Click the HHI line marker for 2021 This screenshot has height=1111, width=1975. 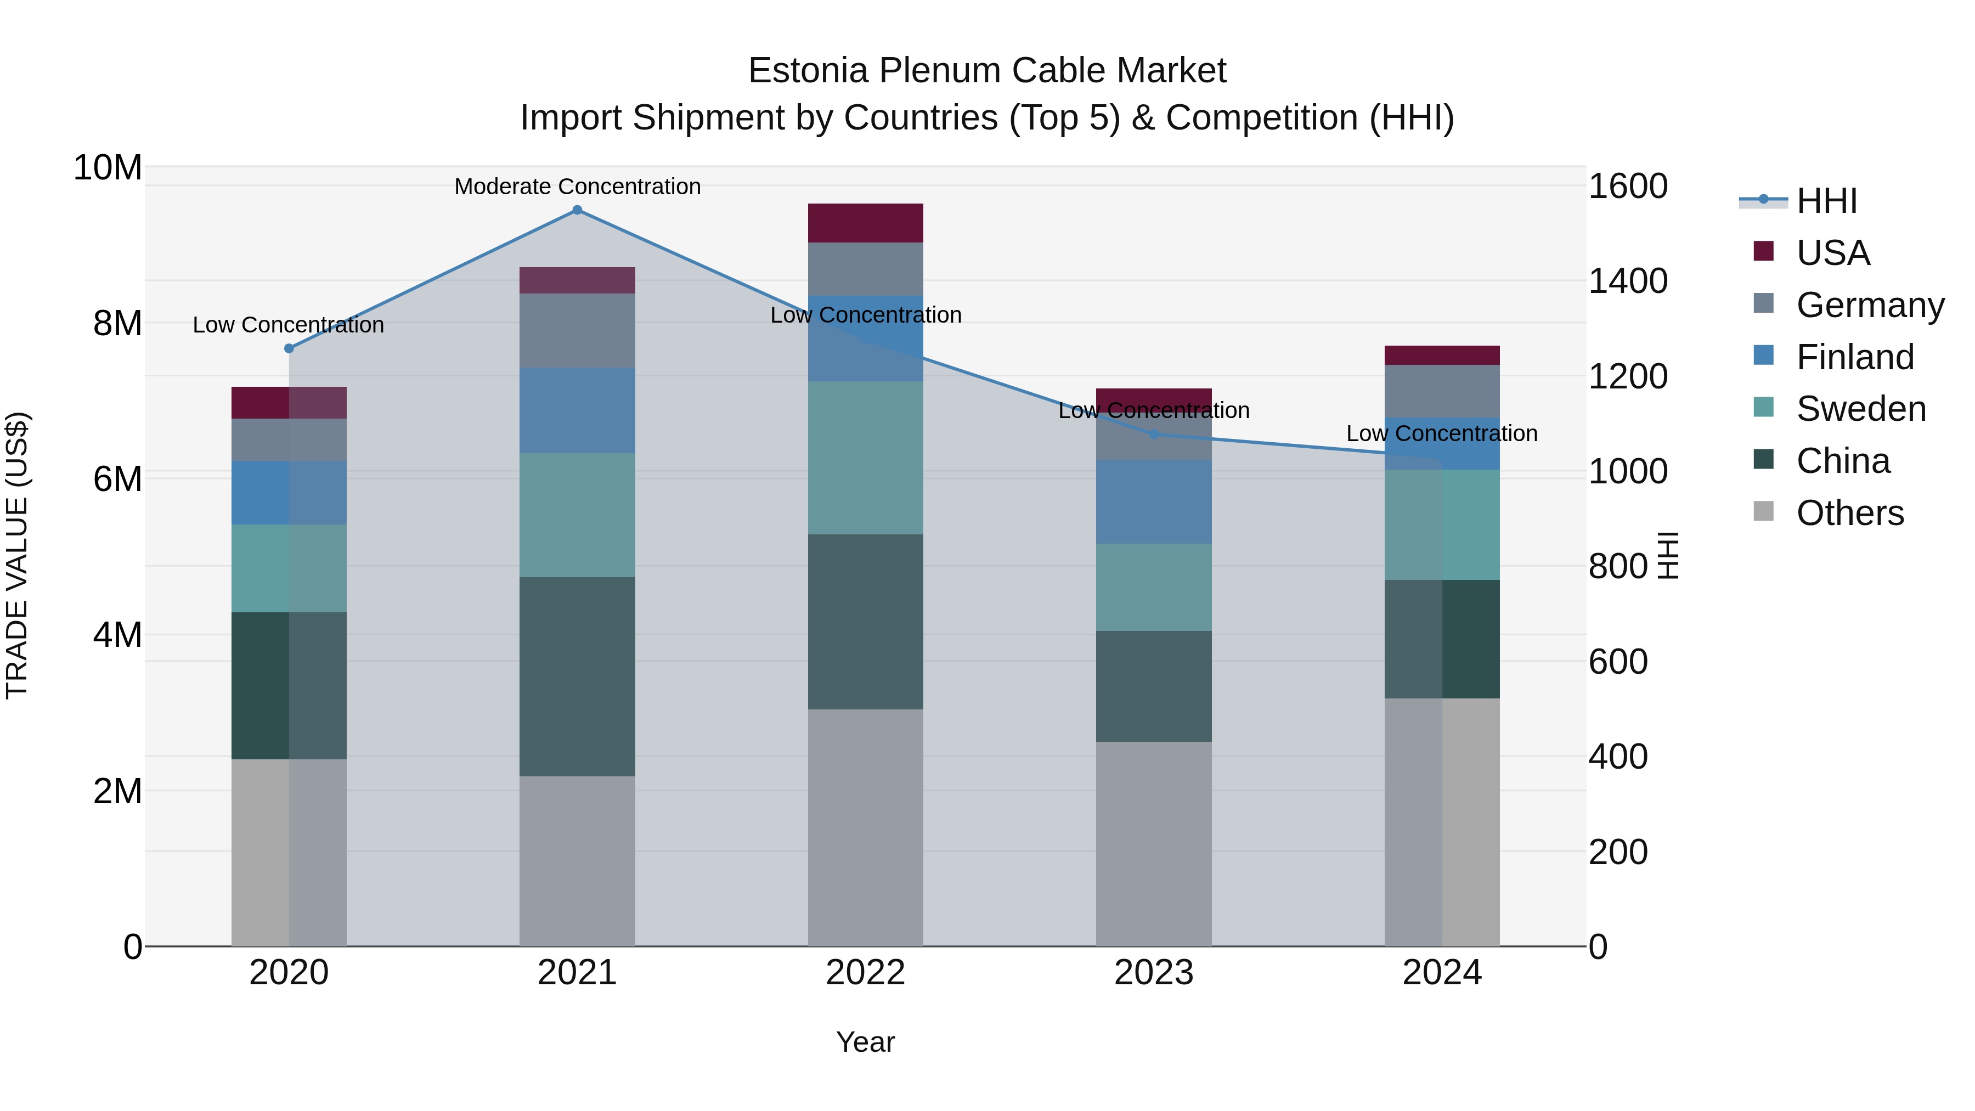pos(577,210)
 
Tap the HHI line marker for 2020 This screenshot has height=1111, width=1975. pos(289,348)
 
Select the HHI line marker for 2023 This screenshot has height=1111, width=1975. pos(1154,435)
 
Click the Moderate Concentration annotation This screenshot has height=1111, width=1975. pos(577,187)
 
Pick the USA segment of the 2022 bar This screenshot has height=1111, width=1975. pos(866,223)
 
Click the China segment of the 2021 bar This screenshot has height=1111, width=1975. pos(577,676)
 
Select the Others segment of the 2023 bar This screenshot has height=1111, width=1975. pos(1154,843)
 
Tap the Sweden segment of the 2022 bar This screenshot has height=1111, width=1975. pos(866,458)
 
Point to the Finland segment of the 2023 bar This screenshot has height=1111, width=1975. pos(1154,502)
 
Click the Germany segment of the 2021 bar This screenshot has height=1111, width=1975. pos(577,330)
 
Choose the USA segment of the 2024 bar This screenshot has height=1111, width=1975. pos(1442,355)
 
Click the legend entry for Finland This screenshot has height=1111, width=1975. pos(1855,357)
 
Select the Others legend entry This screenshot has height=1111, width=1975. pos(1849,513)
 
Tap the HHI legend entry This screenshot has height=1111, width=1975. pos(1826,201)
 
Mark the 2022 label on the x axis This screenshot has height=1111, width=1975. pos(866,973)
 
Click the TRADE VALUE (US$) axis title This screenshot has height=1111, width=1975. pos(17,556)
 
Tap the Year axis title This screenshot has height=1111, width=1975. pos(866,1042)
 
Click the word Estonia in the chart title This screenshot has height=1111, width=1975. pos(808,71)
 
